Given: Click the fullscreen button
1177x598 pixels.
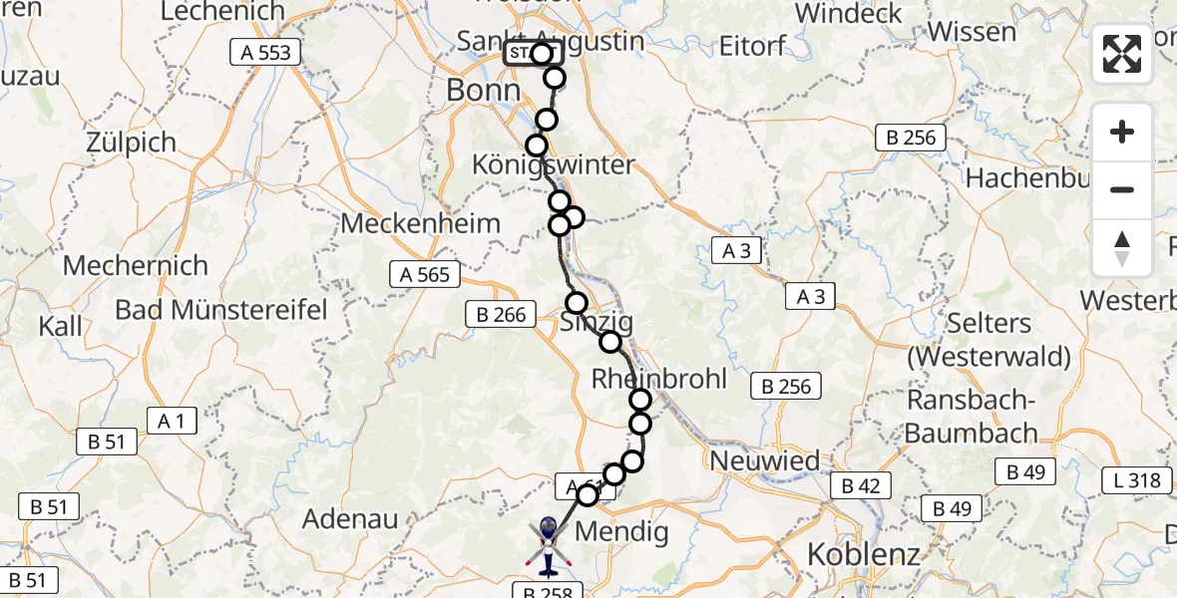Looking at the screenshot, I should (x=1122, y=54).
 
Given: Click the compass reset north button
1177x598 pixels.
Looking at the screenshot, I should (x=1122, y=248).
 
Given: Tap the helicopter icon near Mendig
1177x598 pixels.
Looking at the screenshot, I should (x=548, y=546).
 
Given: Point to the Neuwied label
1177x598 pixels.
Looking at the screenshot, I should (x=764, y=461).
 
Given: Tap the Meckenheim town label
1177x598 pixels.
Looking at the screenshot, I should (x=420, y=223).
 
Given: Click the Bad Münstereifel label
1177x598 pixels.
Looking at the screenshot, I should (x=220, y=309).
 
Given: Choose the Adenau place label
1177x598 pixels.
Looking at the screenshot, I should (x=350, y=518).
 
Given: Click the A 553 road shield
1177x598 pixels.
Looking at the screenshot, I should (x=265, y=53).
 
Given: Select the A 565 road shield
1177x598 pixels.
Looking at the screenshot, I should (x=425, y=274).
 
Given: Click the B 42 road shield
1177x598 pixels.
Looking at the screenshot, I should (x=861, y=485).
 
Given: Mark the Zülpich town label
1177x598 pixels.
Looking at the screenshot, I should (x=131, y=143).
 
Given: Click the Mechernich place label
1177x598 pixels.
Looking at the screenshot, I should (x=136, y=266).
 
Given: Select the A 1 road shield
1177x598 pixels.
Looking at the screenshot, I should (x=171, y=421).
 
